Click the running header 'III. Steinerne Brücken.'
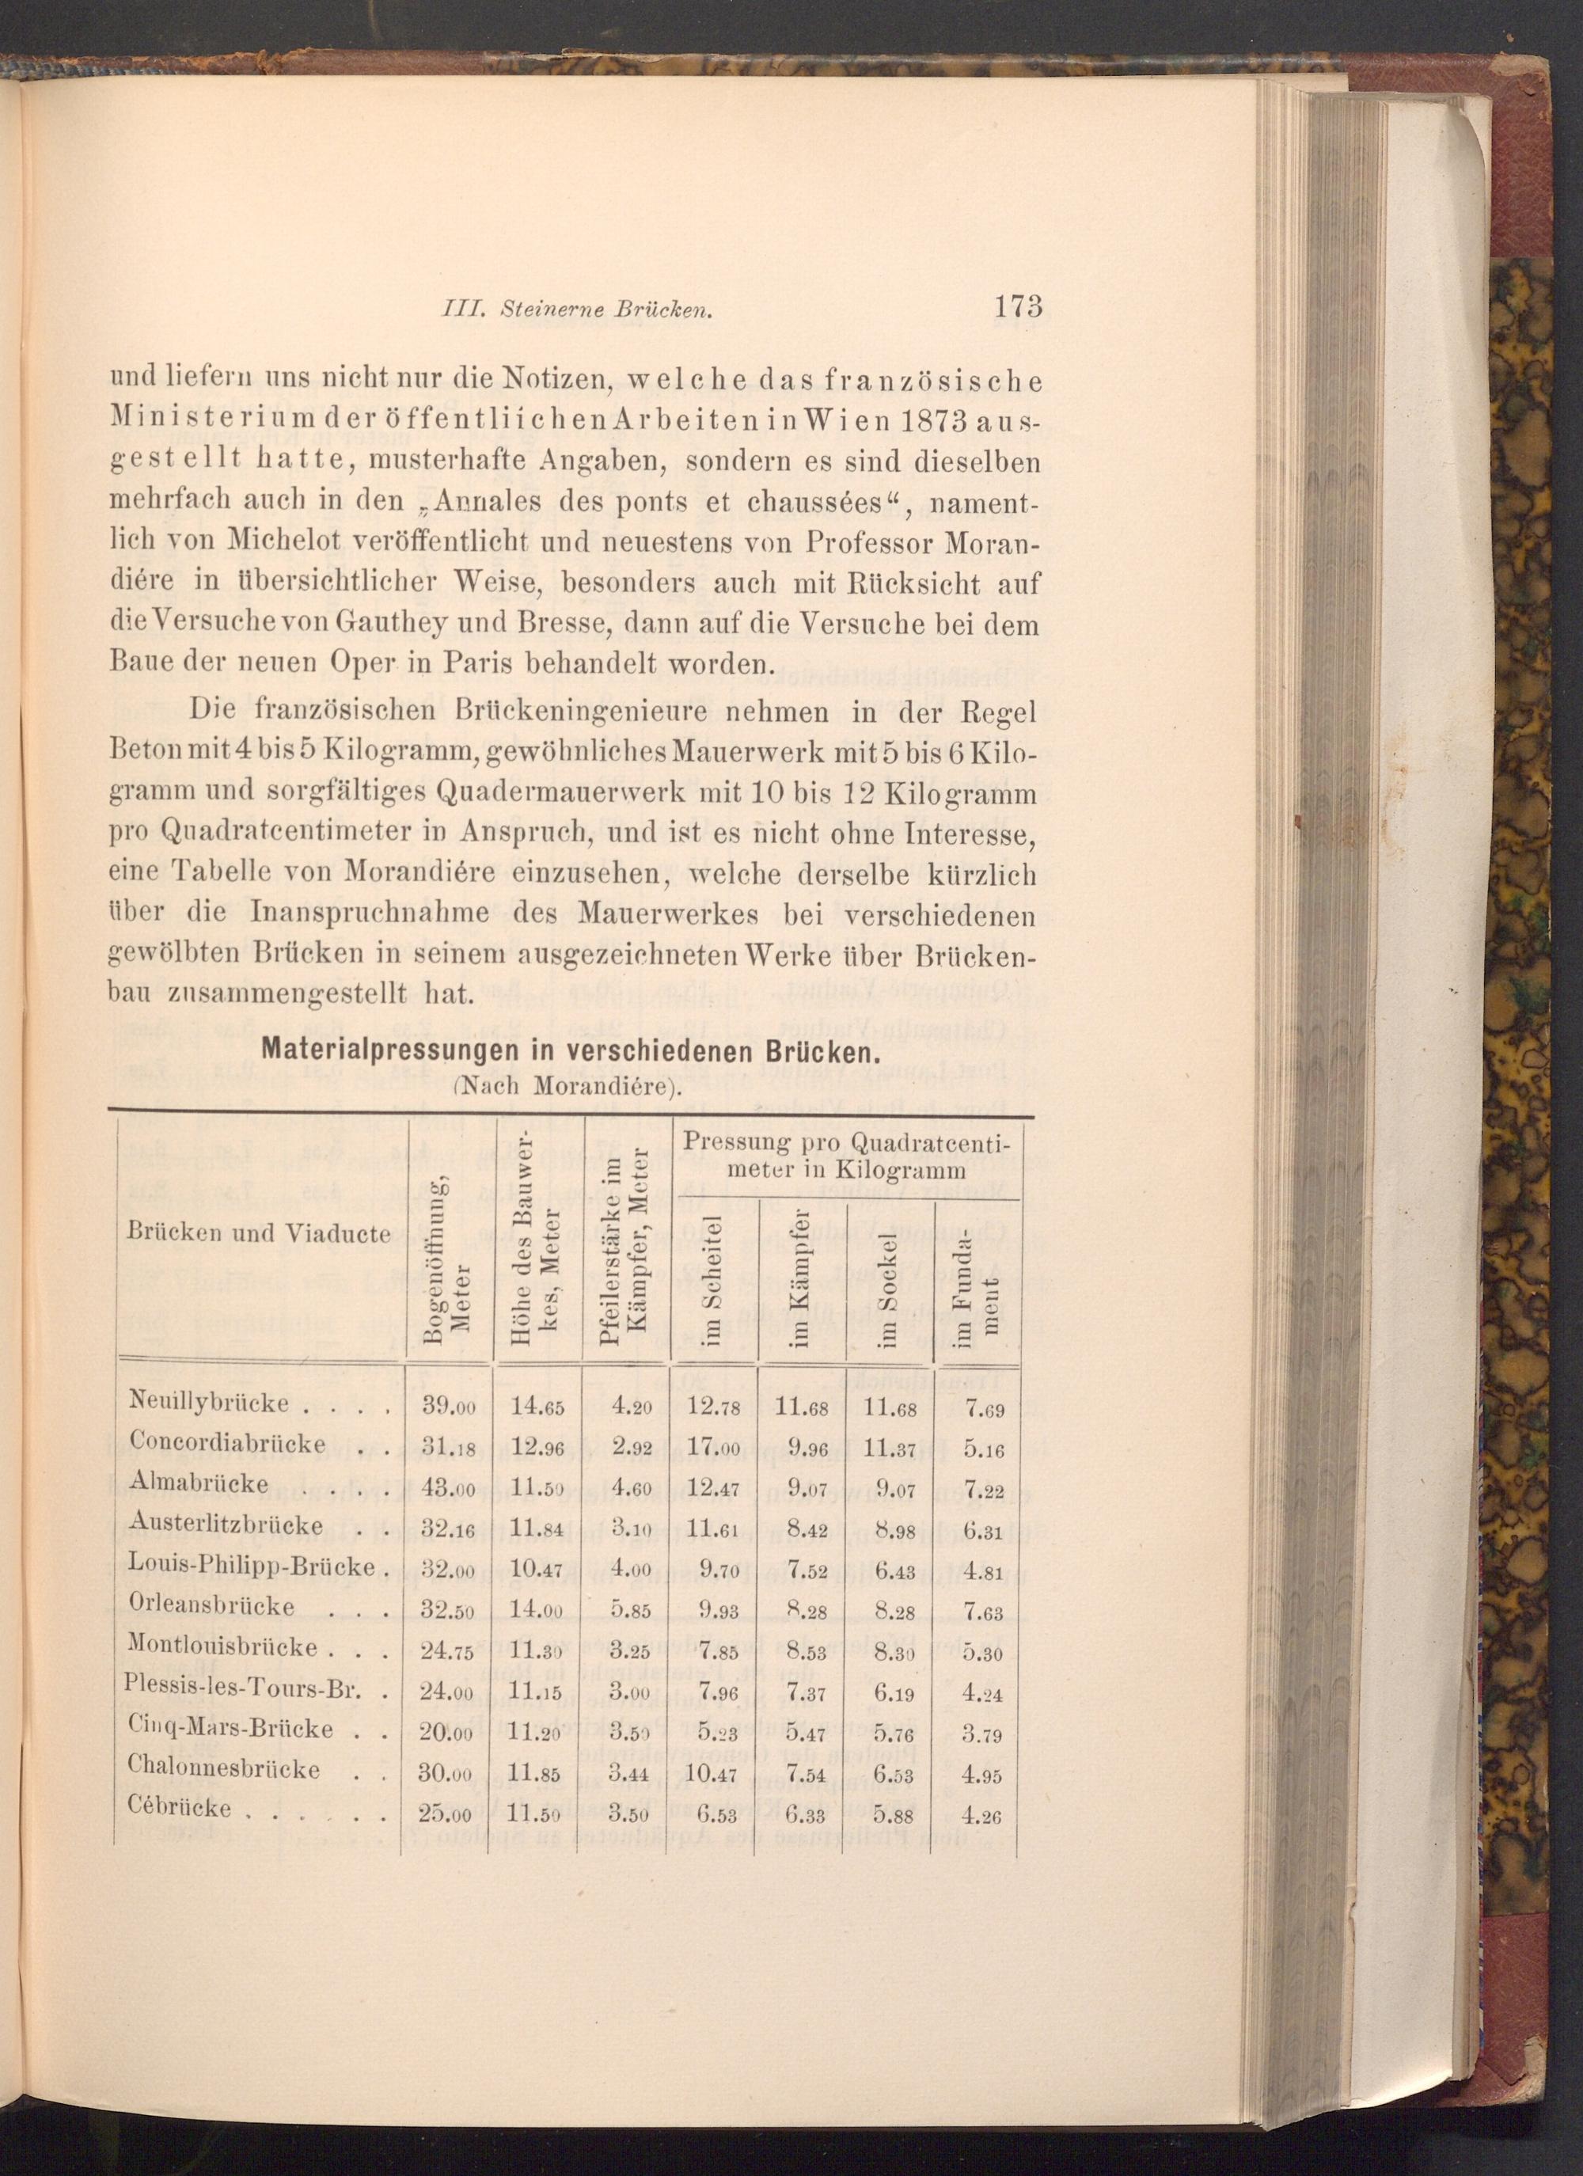pos(573,310)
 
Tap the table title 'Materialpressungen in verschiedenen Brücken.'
pos(570,1050)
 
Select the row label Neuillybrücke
pos(208,1403)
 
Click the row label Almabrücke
pos(198,1483)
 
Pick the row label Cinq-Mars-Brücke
pos(230,1729)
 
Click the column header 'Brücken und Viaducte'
pos(258,1233)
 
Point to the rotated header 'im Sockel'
pos(888,1285)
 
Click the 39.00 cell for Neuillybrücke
pos(449,1406)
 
